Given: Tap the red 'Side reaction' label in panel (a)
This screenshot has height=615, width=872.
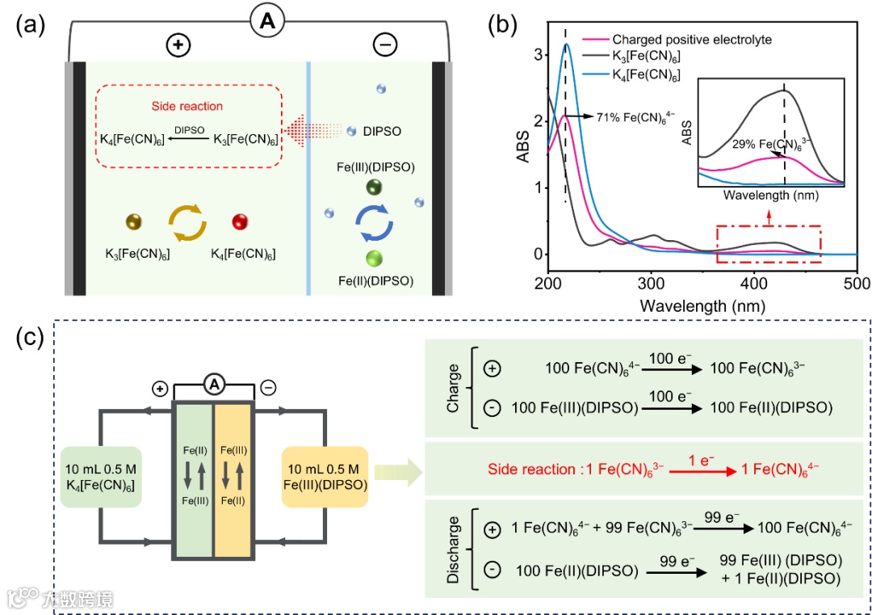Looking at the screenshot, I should (187, 106).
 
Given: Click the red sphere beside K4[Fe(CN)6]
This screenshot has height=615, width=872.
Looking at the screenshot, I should (239, 221).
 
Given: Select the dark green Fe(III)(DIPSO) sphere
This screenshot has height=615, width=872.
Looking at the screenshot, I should (373, 187).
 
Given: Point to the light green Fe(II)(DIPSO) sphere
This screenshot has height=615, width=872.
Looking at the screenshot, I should (373, 259).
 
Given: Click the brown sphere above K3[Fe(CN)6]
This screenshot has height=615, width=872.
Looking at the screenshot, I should (134, 221).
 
